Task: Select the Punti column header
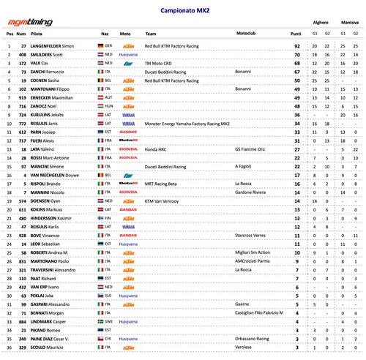pos(295,34)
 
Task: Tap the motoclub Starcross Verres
pos(250,236)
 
